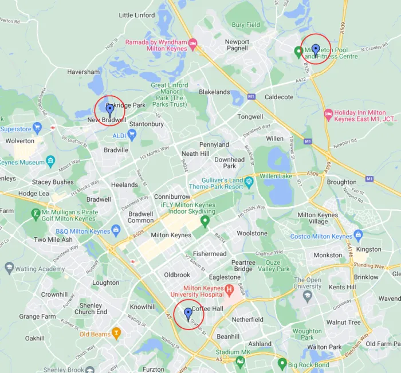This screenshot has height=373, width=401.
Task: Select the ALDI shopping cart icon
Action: (132, 135)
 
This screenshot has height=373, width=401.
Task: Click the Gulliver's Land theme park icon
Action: (249, 183)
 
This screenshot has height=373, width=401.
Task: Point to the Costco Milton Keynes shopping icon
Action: (359, 235)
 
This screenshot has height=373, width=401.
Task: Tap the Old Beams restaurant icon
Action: (116, 333)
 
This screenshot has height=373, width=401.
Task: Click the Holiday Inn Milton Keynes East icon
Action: (328, 115)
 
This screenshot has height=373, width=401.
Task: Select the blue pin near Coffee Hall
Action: (188, 313)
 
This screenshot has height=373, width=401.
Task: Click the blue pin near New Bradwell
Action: (109, 109)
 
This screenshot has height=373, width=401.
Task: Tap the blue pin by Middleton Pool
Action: (316, 50)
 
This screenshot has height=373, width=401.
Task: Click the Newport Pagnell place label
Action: (237, 45)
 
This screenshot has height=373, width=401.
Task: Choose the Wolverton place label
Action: (20, 140)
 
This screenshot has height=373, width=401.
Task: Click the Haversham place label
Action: (84, 72)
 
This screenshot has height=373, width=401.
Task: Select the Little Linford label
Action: (137, 15)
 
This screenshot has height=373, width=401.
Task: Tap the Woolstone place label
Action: (252, 233)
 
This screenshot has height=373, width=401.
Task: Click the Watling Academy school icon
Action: (9, 268)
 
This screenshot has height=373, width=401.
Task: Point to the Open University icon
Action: (308, 296)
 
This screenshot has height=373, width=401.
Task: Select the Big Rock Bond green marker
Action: (282, 363)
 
